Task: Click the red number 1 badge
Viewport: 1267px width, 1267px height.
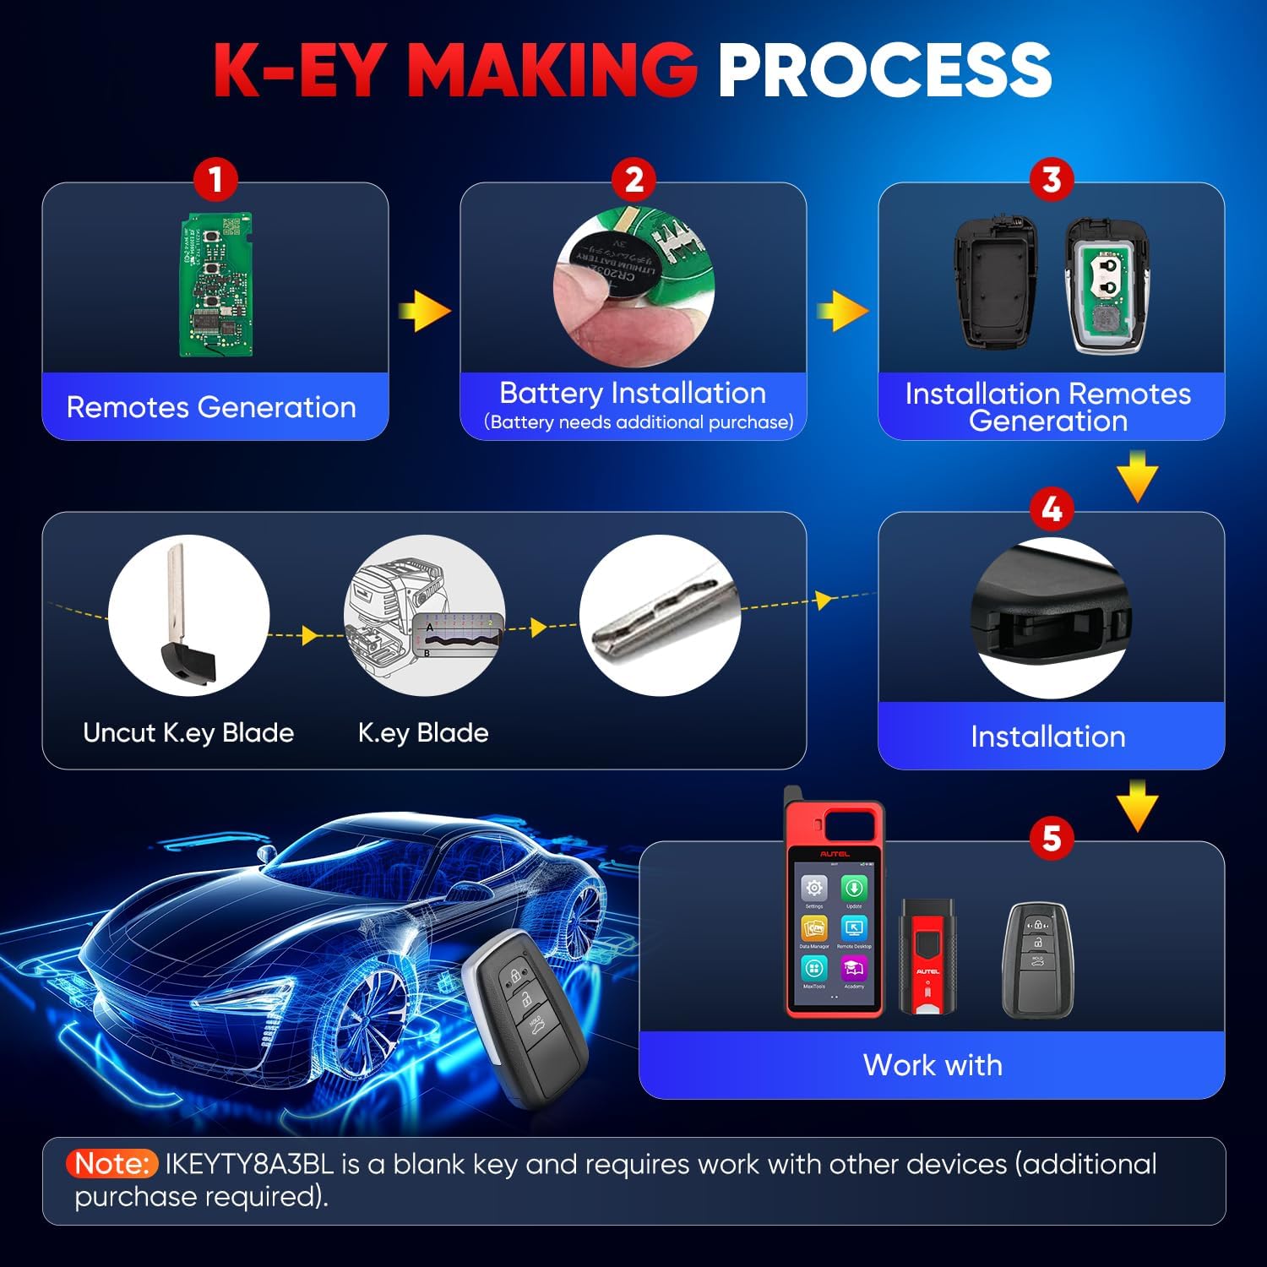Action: coord(215,179)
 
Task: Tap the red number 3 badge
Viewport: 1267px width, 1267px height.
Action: coord(1052,179)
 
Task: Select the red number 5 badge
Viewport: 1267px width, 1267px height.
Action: coord(1052,838)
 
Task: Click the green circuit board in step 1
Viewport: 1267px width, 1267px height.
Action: coord(216,285)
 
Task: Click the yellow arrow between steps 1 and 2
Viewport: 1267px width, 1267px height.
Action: coord(424,312)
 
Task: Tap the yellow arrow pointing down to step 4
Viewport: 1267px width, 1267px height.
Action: coord(1137,476)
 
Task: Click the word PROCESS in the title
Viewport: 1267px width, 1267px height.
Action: coord(884,69)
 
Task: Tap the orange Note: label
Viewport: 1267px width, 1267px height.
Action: coord(112,1164)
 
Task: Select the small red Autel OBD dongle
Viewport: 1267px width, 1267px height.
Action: coord(927,957)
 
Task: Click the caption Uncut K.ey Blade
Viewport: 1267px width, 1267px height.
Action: coord(188,732)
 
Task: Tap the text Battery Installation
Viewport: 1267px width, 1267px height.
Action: coord(633,393)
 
